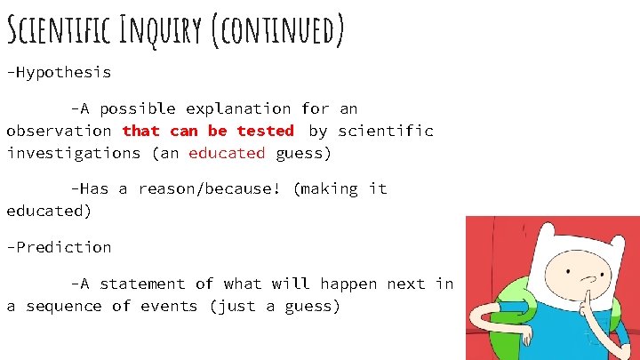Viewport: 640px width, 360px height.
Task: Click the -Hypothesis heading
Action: coord(59,72)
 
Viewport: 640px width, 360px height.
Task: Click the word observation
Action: coord(59,131)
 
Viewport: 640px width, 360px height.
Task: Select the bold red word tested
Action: coord(265,131)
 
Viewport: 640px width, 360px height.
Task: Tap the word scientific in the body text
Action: coord(386,131)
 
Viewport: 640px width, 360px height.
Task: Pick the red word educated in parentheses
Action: coord(227,153)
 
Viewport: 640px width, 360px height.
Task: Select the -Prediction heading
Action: coord(59,247)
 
